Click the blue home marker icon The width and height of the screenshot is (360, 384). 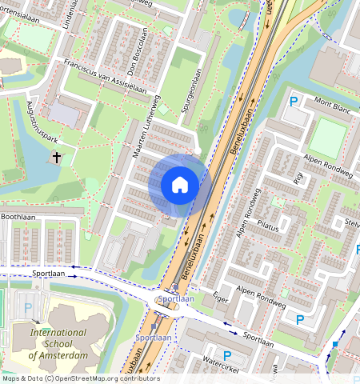180,185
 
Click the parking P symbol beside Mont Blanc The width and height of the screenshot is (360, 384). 294,102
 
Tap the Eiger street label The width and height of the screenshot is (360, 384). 222,296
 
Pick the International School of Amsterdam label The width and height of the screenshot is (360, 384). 58,343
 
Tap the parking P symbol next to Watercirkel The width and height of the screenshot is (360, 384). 226,355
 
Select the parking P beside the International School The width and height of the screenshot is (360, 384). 29,307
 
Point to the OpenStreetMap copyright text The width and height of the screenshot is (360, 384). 80,378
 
